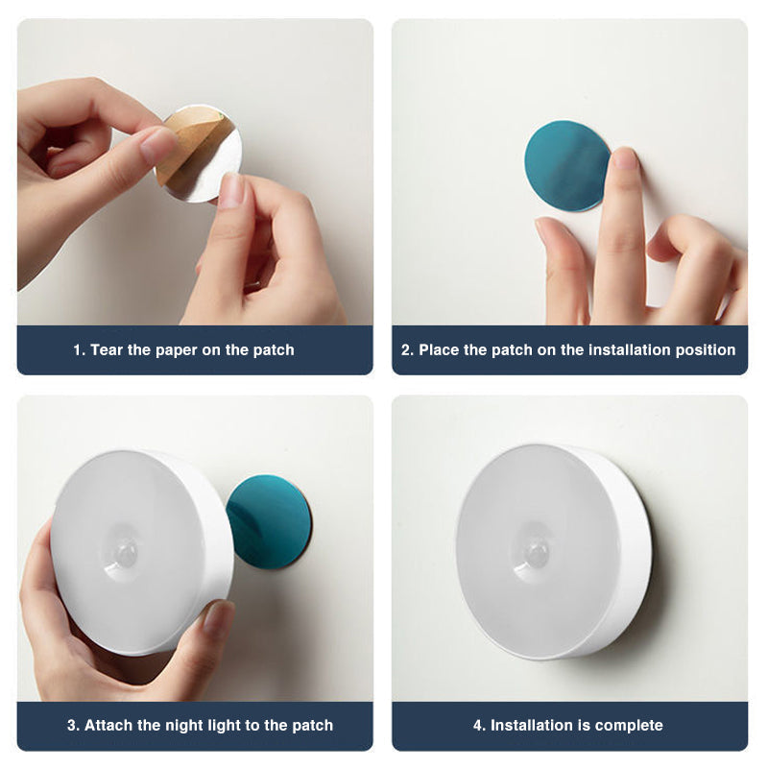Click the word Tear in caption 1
108,350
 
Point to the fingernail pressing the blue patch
624,158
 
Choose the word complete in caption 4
629,725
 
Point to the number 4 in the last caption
477,725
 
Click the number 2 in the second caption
406,350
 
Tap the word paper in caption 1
175,350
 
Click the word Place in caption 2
439,350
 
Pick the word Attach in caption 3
108,725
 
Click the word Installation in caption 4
533,725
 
